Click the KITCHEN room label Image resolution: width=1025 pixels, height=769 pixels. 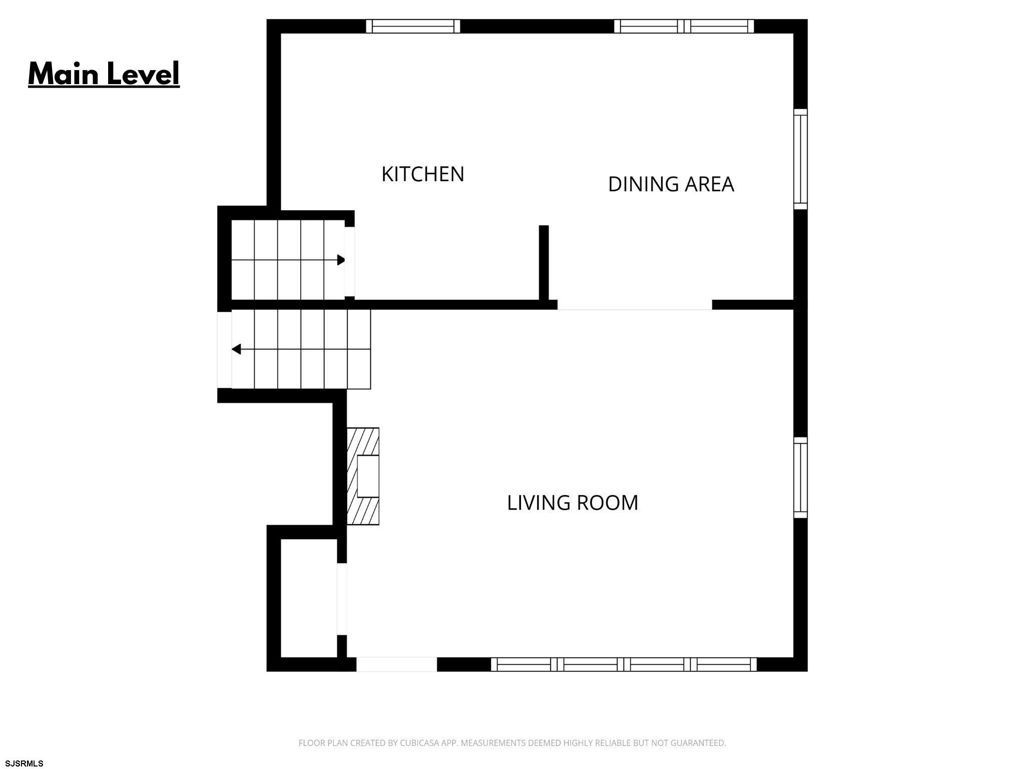423,174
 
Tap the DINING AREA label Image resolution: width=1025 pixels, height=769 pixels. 671,184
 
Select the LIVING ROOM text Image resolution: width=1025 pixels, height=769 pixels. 573,503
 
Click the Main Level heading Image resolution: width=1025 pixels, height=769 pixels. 104,74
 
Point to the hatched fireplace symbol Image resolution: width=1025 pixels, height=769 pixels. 363,476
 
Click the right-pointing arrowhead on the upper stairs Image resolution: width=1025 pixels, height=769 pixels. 341,260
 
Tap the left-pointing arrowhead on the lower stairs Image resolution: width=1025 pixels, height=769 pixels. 236,349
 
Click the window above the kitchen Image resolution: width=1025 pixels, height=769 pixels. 413,26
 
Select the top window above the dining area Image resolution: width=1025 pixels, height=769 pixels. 684,26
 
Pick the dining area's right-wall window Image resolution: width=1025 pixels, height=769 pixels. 801,159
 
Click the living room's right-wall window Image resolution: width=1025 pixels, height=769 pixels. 801,478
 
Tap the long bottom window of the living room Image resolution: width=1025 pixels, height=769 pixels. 624,664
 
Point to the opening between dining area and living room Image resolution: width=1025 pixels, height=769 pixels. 635,305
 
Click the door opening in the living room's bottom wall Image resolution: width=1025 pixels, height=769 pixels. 396,664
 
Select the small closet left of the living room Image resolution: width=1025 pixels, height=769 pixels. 309,598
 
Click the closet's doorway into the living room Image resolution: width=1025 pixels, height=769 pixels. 342,599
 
